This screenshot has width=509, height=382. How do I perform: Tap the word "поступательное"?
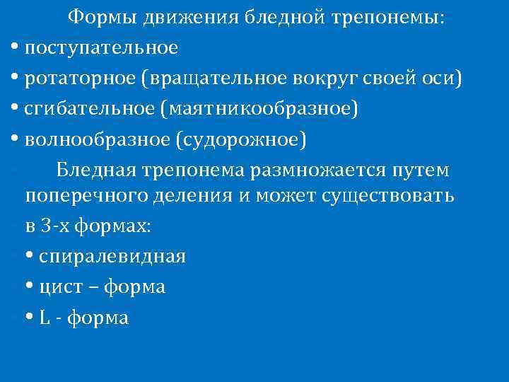coord(101,48)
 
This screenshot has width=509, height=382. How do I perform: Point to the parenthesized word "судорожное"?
coord(245,140)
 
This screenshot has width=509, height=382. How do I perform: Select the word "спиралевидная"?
coord(112,257)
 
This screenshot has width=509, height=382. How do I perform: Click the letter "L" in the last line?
coord(44,318)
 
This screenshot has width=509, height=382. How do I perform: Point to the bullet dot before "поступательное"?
coord(16,48)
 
